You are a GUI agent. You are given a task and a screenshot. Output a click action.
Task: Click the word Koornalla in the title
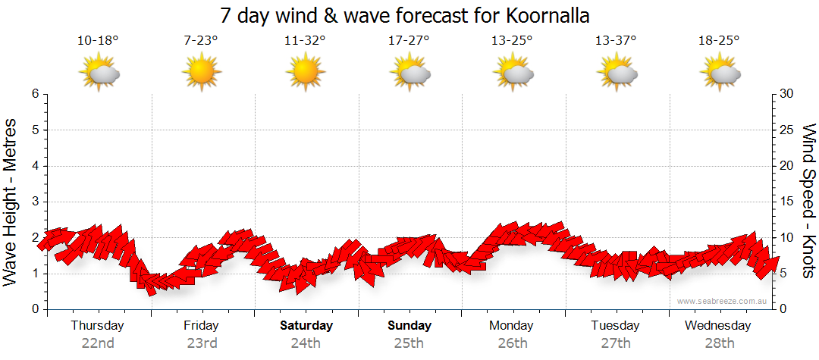[x=544, y=15]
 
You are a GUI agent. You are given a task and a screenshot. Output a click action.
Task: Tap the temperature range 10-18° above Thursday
[x=98, y=40]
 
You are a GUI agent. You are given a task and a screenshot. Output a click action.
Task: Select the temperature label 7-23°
[x=201, y=40]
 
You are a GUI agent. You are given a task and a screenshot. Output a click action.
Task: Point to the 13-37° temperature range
[x=616, y=40]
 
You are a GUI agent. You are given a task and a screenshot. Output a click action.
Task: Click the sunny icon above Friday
[x=201, y=73]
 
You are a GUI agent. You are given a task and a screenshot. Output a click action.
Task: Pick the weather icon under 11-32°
[x=305, y=73]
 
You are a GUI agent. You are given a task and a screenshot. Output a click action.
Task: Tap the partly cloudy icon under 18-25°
[x=720, y=73]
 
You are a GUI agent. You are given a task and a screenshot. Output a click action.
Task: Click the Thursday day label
[x=98, y=326]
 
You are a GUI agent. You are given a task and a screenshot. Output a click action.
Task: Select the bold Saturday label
[x=306, y=326]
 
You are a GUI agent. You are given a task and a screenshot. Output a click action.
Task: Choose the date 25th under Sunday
[x=409, y=343]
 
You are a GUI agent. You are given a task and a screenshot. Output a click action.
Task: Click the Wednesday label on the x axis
[x=718, y=326]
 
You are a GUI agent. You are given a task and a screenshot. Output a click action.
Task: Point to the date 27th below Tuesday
[x=616, y=343]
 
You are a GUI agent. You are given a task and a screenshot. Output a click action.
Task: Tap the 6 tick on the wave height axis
[x=35, y=94]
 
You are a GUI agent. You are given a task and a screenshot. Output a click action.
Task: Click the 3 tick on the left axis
[x=35, y=202]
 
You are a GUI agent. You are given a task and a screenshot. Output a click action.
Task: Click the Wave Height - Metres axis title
[x=11, y=202]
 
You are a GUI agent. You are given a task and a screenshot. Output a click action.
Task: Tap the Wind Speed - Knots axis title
[x=808, y=202]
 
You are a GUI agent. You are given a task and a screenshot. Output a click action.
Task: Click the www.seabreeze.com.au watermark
[x=723, y=302]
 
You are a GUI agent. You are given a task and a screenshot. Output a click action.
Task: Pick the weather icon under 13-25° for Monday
[x=512, y=73]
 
